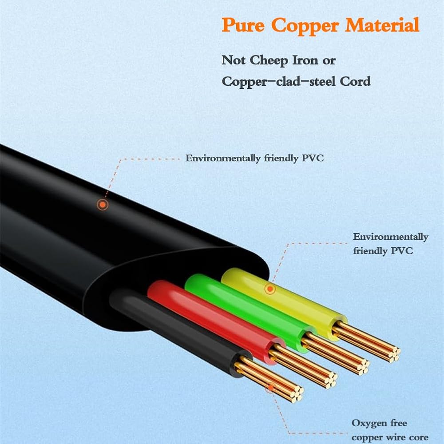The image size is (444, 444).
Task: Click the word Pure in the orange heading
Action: (243, 25)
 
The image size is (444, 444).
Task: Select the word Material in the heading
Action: (382, 24)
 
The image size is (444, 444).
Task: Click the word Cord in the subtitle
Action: (355, 81)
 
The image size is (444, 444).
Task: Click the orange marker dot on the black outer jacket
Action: (103, 204)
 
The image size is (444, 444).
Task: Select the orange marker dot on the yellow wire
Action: (270, 289)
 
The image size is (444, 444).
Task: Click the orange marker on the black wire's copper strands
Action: (271, 388)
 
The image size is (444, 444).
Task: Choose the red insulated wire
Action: (215, 321)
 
